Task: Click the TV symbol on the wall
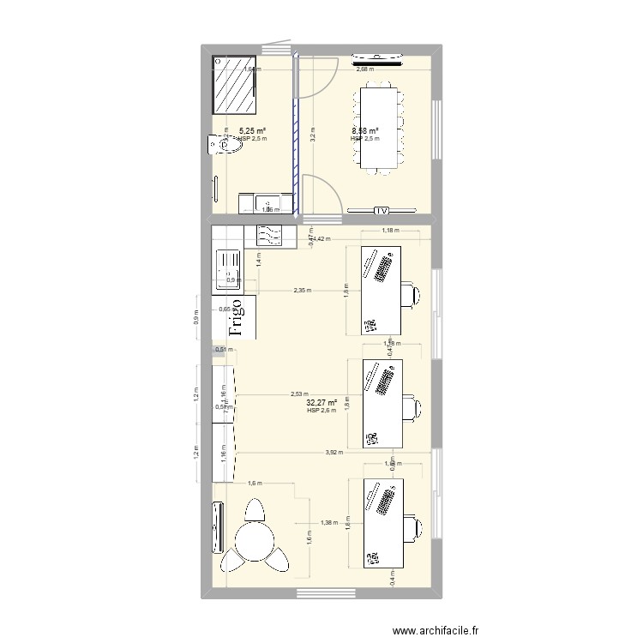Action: [x=382, y=210]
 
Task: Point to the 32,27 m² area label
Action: [x=319, y=402]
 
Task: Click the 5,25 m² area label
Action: [x=252, y=131]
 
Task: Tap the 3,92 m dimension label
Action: [x=334, y=452]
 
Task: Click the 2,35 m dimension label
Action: [x=303, y=291]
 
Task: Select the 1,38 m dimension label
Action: [x=328, y=522]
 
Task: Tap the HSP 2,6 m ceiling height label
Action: [x=321, y=412]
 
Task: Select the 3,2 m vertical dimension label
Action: [x=314, y=135]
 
